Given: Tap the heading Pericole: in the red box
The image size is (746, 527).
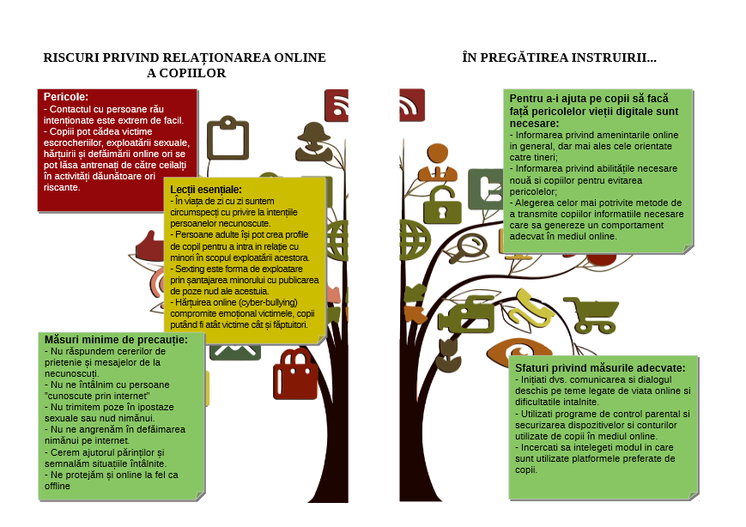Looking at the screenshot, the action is [x=65, y=96].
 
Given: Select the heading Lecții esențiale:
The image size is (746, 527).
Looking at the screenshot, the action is [x=206, y=190].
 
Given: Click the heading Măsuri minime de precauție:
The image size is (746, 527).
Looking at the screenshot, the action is [x=116, y=340].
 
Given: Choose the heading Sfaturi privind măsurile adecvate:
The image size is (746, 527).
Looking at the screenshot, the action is [x=600, y=367].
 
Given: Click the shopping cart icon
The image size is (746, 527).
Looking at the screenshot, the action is [x=591, y=314].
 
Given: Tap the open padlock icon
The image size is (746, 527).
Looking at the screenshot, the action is [x=442, y=204].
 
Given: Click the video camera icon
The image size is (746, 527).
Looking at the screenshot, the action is [x=467, y=314].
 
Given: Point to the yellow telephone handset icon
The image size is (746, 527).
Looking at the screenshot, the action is [x=533, y=308].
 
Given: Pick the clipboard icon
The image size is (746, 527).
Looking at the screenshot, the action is [x=227, y=137].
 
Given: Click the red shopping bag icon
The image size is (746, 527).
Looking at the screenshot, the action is [x=295, y=374].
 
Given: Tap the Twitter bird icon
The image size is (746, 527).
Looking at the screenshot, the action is [x=486, y=189].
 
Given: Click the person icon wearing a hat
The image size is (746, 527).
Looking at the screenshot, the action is [x=314, y=142].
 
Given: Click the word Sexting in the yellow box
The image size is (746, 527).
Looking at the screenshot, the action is [x=190, y=269].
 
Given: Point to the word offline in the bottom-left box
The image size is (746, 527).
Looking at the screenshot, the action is [x=58, y=486].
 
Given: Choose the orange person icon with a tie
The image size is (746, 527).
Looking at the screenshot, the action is [x=438, y=162].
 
